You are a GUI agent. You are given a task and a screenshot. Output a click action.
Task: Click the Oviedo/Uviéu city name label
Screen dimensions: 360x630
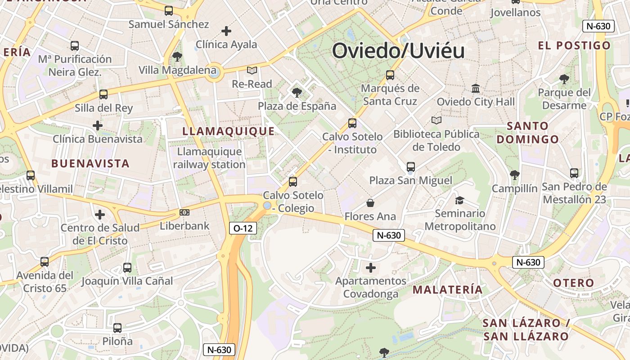(x=398, y=50)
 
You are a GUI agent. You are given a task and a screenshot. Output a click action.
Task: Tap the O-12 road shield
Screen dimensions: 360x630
(x=243, y=228)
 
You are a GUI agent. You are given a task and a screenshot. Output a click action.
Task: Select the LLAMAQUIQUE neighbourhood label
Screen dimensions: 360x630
(x=228, y=131)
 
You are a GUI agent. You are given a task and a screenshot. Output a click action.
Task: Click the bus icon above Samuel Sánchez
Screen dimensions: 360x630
(x=169, y=11)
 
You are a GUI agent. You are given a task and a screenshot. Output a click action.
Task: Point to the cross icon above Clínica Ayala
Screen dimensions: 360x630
(x=226, y=31)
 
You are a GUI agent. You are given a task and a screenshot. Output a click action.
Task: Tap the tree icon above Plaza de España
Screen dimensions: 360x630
(x=297, y=93)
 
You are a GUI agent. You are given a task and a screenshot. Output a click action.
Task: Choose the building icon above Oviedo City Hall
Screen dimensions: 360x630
(x=476, y=89)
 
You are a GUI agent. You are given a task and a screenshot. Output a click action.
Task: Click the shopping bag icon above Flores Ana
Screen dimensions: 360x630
(x=370, y=203)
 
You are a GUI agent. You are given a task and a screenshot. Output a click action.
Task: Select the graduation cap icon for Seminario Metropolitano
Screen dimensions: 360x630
(x=459, y=200)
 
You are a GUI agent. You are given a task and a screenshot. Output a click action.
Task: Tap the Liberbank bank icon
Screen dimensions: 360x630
(x=184, y=212)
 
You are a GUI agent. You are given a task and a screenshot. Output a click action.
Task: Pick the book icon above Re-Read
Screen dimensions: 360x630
(x=252, y=70)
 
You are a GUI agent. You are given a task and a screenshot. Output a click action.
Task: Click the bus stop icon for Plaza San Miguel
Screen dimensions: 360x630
(x=410, y=167)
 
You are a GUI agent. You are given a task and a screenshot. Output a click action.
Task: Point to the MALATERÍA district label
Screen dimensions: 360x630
(x=447, y=289)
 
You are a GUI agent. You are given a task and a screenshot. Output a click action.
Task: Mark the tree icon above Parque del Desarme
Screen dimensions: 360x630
(x=564, y=79)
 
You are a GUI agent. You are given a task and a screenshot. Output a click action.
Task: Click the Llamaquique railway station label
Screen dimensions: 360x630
(x=209, y=158)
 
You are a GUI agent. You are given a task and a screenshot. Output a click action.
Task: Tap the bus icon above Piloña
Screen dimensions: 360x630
(x=117, y=328)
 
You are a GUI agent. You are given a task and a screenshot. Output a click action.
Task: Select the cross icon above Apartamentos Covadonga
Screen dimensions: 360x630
(x=370, y=268)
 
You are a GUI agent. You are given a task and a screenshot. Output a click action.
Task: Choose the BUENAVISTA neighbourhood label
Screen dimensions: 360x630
(x=90, y=163)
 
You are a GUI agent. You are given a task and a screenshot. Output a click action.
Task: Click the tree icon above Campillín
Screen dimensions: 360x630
(x=514, y=175)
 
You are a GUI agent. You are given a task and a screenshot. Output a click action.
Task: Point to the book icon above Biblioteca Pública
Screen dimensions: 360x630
(x=436, y=120)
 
